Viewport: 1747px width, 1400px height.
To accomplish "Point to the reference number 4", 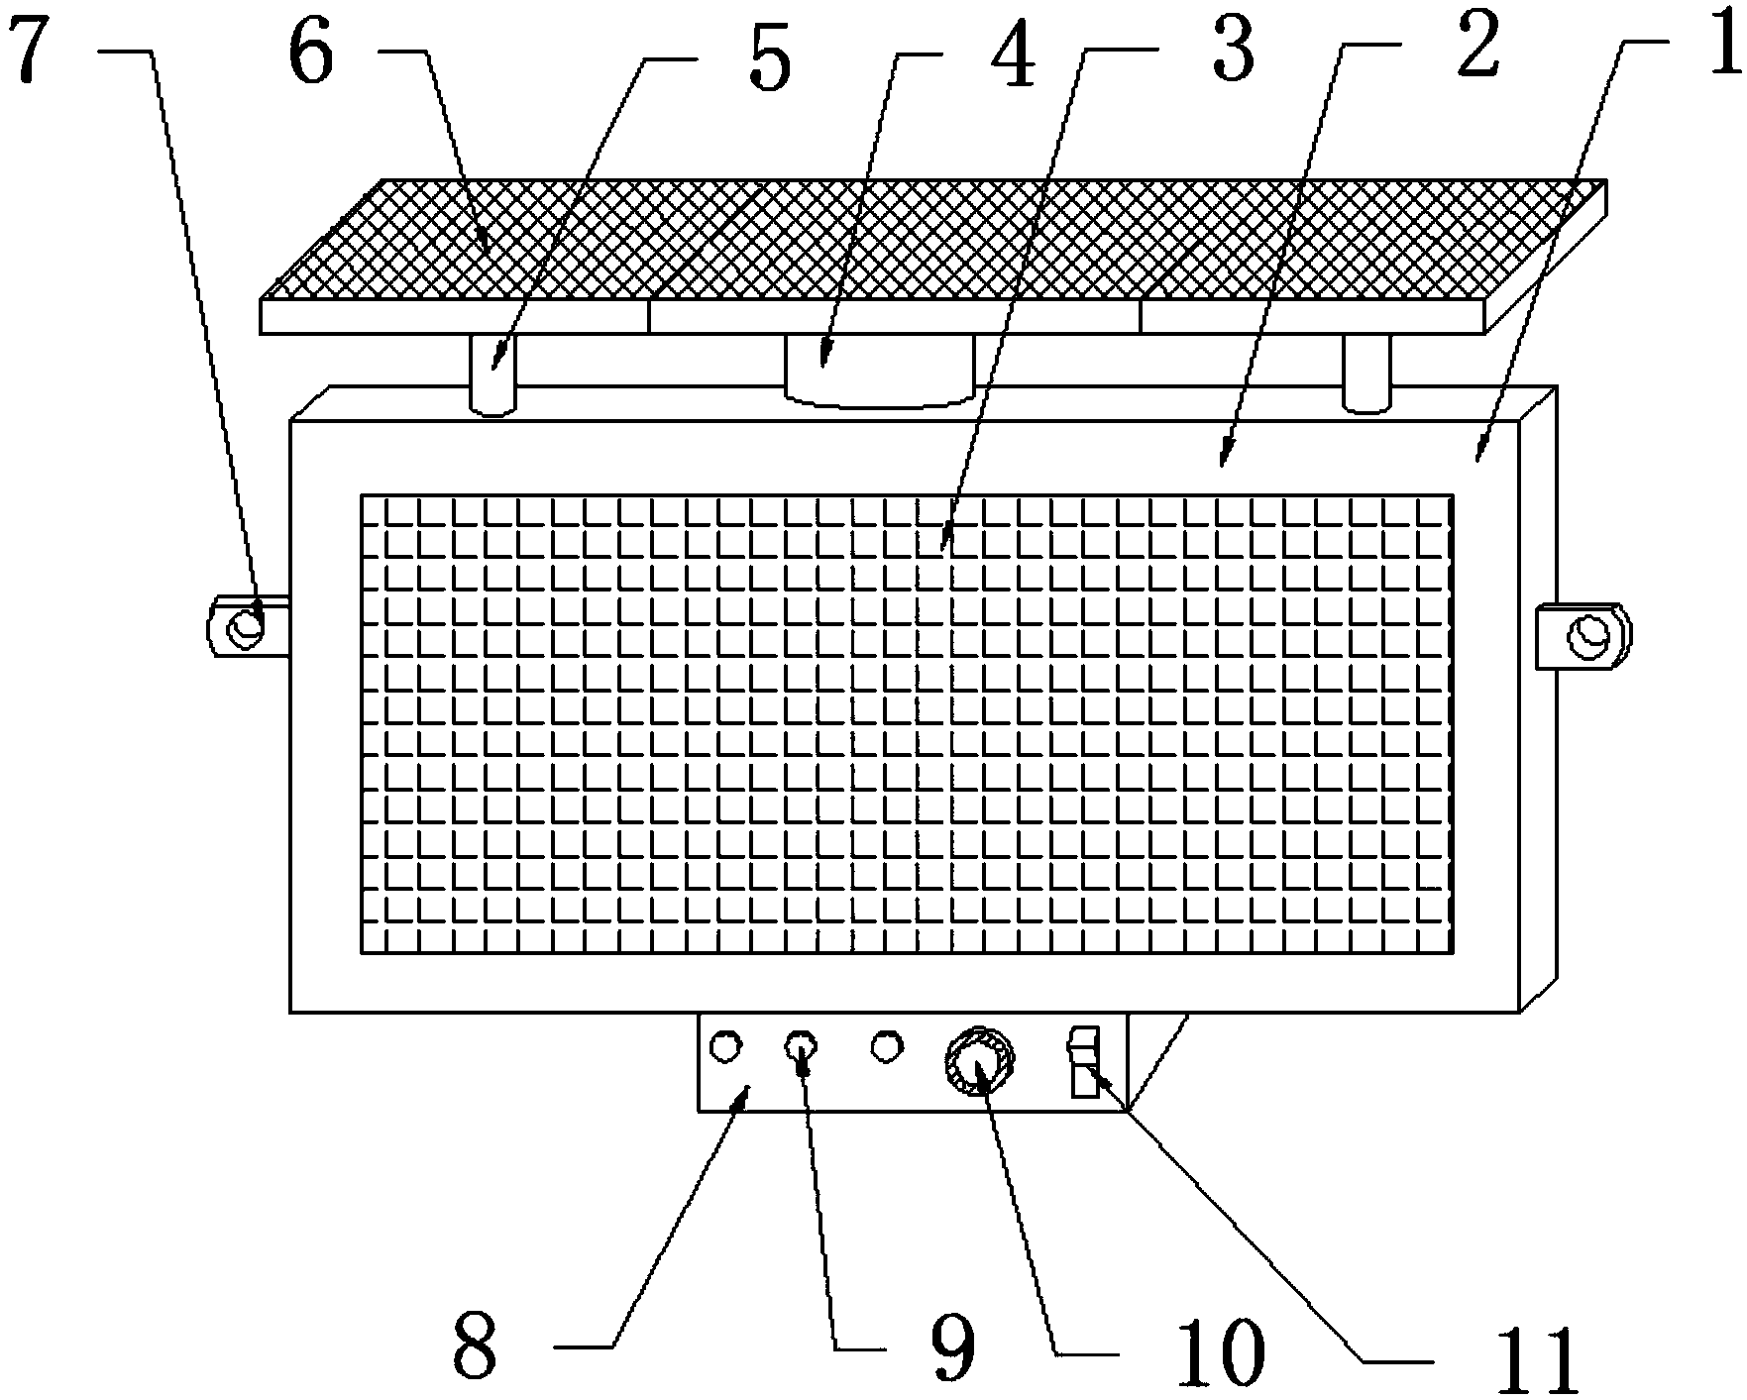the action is tap(1011, 54).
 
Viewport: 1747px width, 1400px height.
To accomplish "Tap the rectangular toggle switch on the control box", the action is tap(1084, 1062).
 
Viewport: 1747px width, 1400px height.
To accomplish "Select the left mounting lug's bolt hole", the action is tap(245, 626).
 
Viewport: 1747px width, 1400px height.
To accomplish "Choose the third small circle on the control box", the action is tap(888, 1046).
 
